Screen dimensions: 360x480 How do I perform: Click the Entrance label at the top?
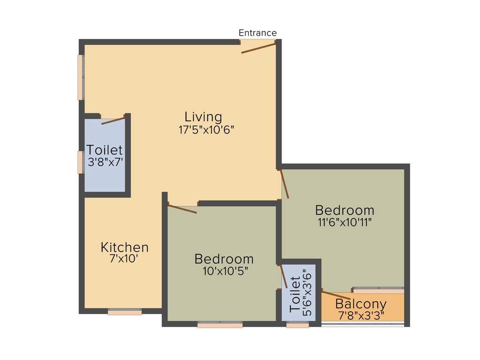tap(257, 33)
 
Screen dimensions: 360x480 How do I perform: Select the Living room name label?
tap(203, 117)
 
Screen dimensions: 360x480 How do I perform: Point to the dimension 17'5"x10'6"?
tap(206, 130)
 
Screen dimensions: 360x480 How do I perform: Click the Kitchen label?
tap(125, 247)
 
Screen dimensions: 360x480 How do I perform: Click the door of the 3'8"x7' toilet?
tap(113, 120)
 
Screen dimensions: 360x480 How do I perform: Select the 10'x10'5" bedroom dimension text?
tap(224, 270)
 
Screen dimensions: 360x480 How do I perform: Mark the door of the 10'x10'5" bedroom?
tap(182, 209)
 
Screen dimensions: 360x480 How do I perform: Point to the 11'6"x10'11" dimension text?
tap(344, 222)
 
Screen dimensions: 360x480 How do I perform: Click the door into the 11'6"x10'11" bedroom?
tap(284, 184)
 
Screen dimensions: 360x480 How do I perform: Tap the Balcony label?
tap(361, 304)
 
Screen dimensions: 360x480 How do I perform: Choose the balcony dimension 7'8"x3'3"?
tap(361, 315)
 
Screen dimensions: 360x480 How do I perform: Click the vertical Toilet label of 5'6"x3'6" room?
tap(295, 295)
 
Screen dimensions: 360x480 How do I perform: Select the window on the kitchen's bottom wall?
tap(125, 312)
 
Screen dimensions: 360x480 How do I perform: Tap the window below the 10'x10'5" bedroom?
tap(220, 324)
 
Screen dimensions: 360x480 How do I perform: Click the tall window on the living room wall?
tap(81, 77)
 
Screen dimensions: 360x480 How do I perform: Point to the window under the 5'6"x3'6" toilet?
tap(298, 324)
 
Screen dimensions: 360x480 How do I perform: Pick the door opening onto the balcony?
tap(336, 295)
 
